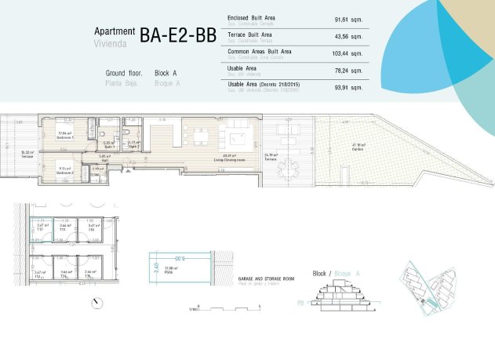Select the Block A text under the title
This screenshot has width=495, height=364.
tap(167, 72)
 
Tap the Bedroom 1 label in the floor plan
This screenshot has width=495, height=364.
tap(66, 136)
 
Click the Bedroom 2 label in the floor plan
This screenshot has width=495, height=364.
tap(67, 168)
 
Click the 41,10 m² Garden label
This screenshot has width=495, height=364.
tap(359, 146)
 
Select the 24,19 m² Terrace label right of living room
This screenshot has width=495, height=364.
tap(271, 156)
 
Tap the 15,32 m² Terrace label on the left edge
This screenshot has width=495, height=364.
tap(27, 154)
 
